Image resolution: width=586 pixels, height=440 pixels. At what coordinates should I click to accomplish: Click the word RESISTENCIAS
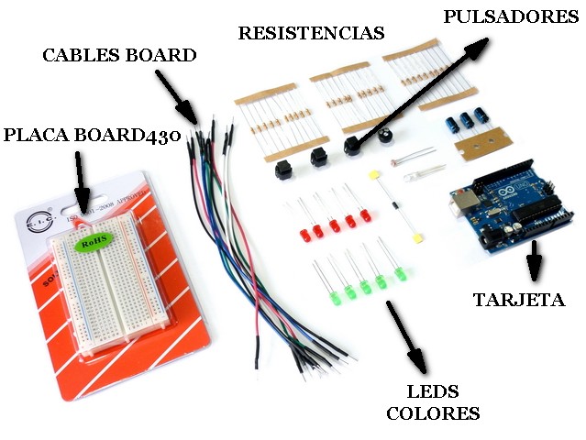click(310, 34)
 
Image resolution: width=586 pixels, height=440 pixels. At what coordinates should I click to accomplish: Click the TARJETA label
click(518, 300)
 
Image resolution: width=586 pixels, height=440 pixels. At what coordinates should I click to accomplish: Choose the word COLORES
click(433, 413)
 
